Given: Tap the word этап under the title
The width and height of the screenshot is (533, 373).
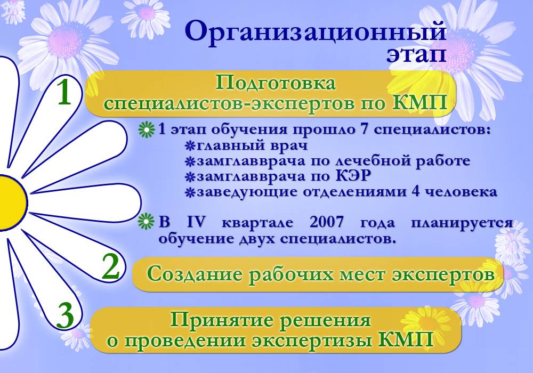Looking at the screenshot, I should tap(416, 53).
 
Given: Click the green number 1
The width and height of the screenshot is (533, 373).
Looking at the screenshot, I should tap(64, 93).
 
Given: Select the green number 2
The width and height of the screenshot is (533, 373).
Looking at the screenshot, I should tap(110, 267).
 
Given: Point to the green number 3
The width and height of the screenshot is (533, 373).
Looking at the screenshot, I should tap(65, 317).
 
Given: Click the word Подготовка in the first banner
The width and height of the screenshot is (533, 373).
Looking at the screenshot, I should tap(276, 84).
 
